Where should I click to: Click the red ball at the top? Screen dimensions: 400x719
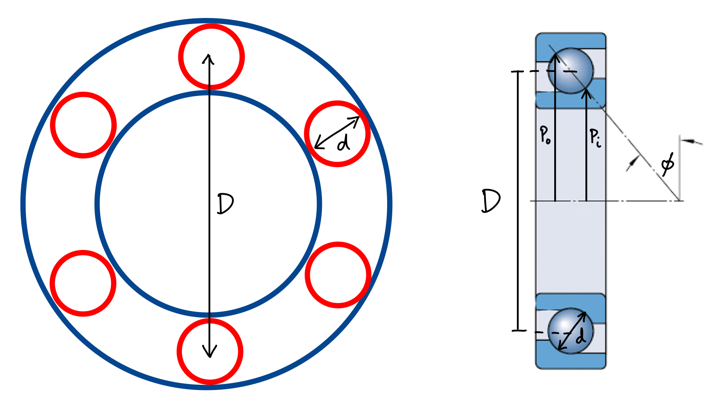211,56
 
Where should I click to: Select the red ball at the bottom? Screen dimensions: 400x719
210,351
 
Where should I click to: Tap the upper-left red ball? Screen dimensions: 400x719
84,125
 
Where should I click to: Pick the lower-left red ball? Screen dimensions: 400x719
83,283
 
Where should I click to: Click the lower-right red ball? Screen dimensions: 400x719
338,275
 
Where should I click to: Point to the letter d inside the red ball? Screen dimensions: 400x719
343,142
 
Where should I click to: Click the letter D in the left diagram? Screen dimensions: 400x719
225,203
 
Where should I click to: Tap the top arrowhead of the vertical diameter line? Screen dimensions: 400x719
208,58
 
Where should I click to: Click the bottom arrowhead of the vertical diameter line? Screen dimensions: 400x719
210,352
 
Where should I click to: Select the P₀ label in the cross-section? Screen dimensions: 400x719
545,135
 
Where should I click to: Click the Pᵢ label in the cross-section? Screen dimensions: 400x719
595,138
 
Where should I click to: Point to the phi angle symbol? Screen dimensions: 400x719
667,163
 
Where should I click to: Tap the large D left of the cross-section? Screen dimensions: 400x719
491,201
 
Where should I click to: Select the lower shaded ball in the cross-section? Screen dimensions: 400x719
570,330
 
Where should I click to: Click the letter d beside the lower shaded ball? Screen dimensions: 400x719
581,337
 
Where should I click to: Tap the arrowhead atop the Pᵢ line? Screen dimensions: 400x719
586,94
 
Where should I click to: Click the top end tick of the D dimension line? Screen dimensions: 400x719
518,72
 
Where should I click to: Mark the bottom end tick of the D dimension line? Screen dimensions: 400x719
519,331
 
